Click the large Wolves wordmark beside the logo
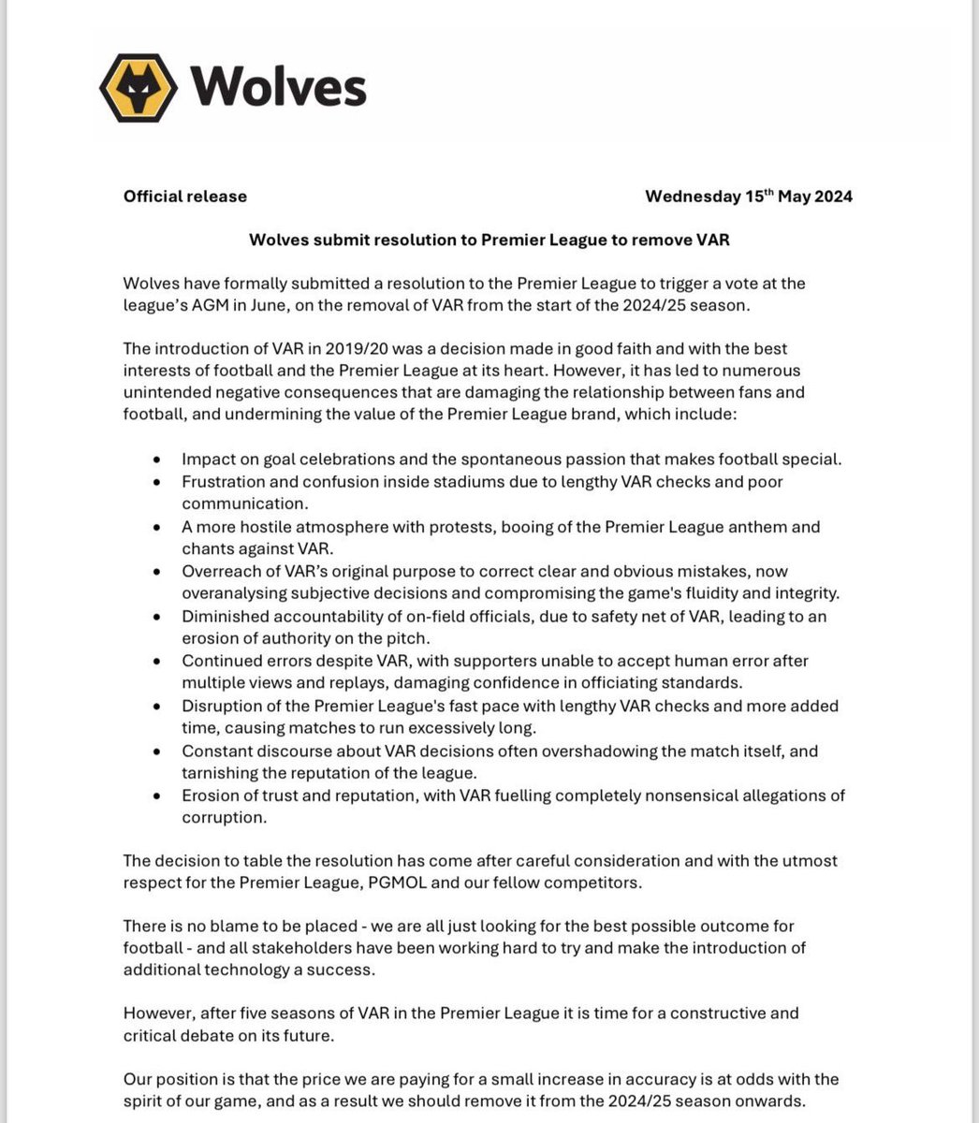click(279, 88)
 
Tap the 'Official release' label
click(185, 197)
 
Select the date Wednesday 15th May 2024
click(749, 197)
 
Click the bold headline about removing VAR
click(489, 240)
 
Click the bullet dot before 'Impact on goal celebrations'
click(157, 459)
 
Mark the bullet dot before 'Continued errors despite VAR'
click(157, 662)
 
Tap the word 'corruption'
click(225, 818)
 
